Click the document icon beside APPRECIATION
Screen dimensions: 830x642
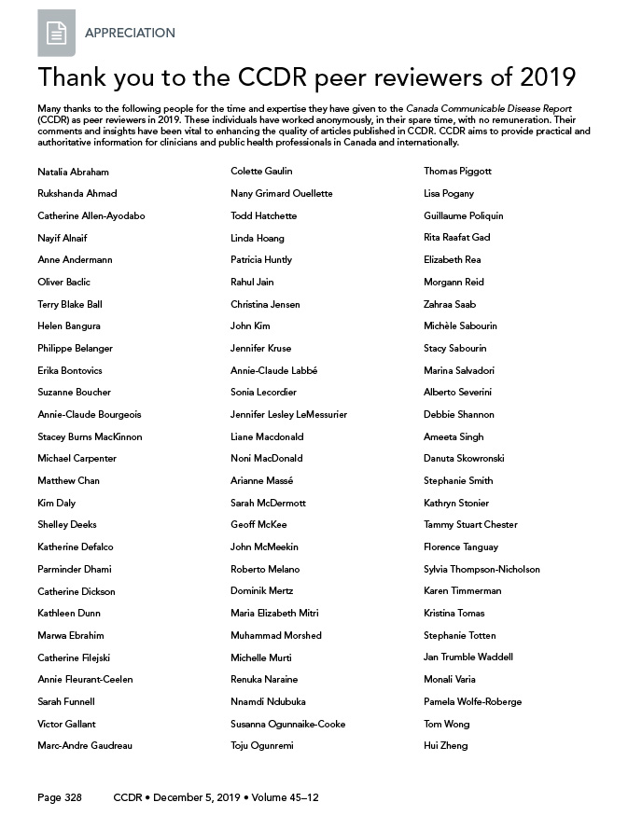(56, 34)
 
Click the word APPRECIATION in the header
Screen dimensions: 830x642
(130, 33)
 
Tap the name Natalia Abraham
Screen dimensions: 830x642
(73, 172)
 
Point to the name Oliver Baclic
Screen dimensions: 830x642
(63, 282)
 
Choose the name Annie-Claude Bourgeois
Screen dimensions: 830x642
(90, 414)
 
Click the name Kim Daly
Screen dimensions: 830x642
(57, 503)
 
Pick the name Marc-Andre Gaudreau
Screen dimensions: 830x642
(85, 746)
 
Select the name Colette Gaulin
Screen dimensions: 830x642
(261, 172)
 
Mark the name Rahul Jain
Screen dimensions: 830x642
(252, 282)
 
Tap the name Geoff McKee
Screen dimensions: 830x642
(258, 525)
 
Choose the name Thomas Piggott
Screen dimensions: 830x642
(457, 172)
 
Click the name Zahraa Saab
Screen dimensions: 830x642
(450, 304)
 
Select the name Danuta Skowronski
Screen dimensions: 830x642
(463, 459)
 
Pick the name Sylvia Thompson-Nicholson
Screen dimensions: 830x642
(481, 569)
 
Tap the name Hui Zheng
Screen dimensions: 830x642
(445, 746)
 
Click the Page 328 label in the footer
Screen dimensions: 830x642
(60, 798)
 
